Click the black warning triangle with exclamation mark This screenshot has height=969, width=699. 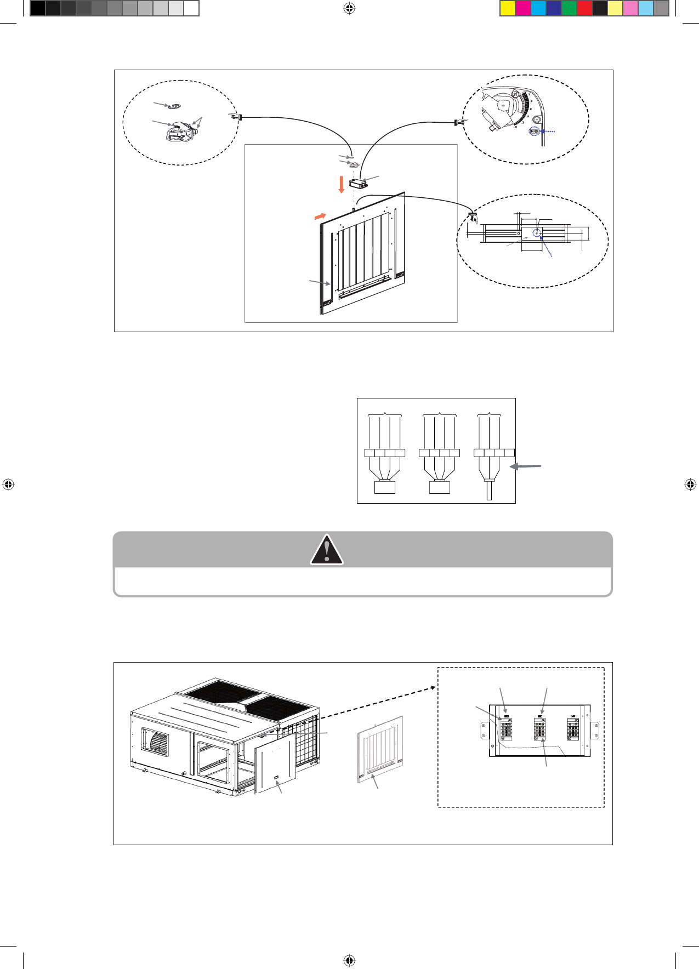[327, 550]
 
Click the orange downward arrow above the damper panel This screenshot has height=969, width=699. [341, 184]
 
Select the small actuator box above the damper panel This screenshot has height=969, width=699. [358, 183]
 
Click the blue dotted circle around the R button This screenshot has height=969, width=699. [533, 132]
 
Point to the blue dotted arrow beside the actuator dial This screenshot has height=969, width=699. [548, 132]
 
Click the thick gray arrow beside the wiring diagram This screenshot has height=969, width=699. [526, 466]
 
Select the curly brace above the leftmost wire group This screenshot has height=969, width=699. [385, 414]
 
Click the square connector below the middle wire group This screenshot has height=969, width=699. [439, 487]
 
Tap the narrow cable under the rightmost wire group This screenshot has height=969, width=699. [489, 489]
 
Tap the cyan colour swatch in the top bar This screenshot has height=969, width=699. [538, 8]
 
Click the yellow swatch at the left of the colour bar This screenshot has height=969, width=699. [508, 8]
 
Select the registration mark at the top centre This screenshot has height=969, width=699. [349, 8]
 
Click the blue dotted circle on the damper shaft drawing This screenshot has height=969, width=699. [537, 233]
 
